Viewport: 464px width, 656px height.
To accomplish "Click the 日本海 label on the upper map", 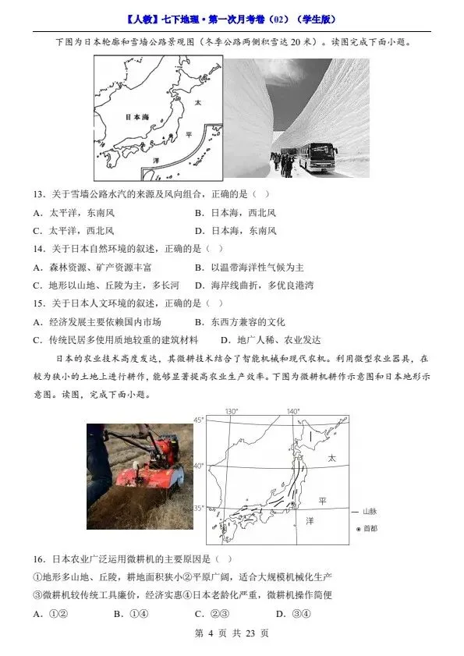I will [x=137, y=117].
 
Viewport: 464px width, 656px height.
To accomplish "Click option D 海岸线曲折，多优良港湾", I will [x=253, y=285].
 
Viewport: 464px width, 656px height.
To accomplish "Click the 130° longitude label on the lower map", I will [x=231, y=412].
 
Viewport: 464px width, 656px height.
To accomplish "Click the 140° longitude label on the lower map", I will [x=292, y=412].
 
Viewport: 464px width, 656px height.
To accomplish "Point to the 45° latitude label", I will [x=198, y=420].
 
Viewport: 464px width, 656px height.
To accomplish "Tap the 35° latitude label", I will [x=198, y=508].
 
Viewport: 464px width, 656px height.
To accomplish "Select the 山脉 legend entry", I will [x=370, y=512].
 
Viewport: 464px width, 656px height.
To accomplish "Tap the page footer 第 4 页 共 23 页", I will [x=232, y=633].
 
